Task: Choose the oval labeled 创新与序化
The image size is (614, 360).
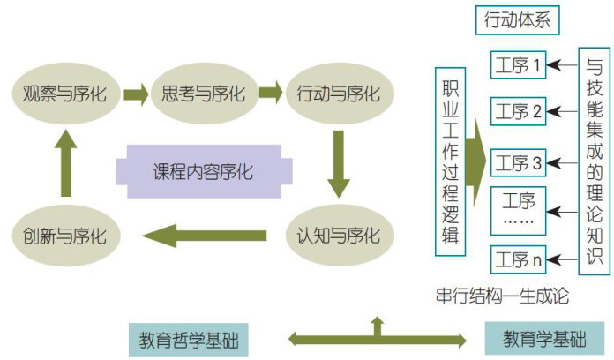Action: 64,236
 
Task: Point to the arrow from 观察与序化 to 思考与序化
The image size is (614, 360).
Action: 135,93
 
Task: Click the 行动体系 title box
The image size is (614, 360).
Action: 517,19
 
